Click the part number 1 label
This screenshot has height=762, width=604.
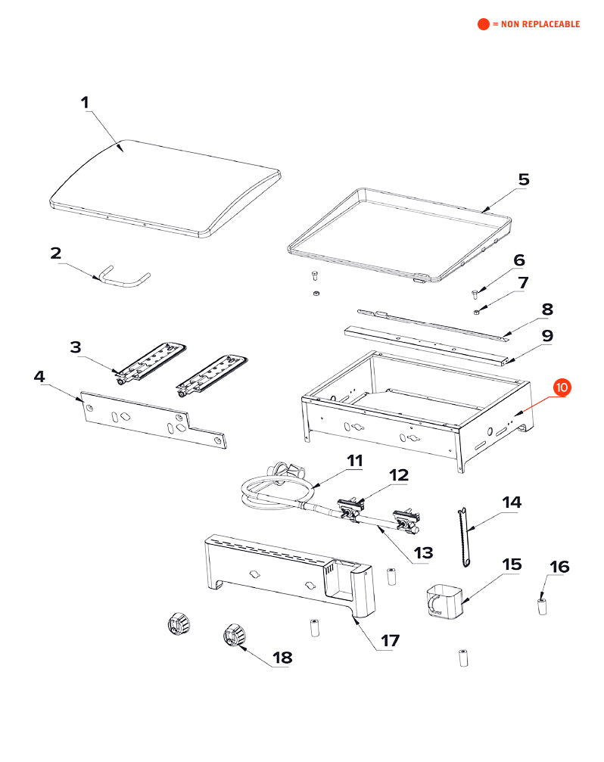pyautogui.click(x=85, y=102)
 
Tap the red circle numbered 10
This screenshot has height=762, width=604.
pyautogui.click(x=562, y=387)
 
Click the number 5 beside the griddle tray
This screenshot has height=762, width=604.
pyautogui.click(x=524, y=180)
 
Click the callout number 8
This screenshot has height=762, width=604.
pyautogui.click(x=546, y=309)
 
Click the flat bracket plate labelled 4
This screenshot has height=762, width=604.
pyautogui.click(x=151, y=421)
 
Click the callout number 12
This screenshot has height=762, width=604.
pyautogui.click(x=398, y=475)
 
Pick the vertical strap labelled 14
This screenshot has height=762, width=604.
pyautogui.click(x=463, y=537)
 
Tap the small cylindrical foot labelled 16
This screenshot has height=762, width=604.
pyautogui.click(x=542, y=606)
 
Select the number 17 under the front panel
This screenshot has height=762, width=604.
pyautogui.click(x=389, y=641)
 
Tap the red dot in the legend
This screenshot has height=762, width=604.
pyautogui.click(x=483, y=24)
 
